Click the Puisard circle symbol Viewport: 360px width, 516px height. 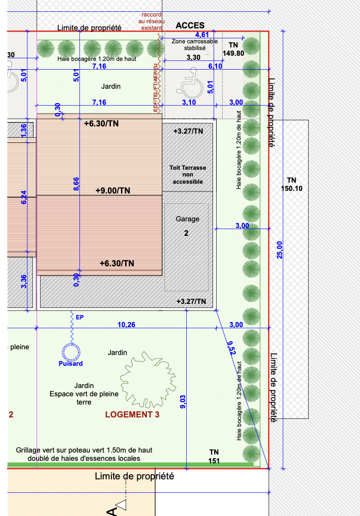point(71,352)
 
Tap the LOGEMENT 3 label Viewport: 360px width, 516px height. point(132,415)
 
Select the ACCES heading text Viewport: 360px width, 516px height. point(190,25)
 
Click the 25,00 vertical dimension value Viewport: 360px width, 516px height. point(280,250)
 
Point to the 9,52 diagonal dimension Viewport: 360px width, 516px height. point(232,348)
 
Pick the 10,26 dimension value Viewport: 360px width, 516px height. point(126,325)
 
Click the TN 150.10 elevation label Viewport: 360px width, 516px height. point(291,184)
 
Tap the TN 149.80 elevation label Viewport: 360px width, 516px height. point(233,49)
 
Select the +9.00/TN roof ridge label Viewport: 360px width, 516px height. point(113,190)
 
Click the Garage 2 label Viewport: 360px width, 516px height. point(187,226)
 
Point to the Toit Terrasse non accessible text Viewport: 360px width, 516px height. point(188,174)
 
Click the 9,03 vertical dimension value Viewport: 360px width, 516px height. point(183,402)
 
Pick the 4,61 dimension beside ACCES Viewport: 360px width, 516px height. point(202,35)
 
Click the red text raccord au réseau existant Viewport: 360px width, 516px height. point(152,21)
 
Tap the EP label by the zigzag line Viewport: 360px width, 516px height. point(79,317)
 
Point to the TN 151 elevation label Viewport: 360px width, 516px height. point(214,457)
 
